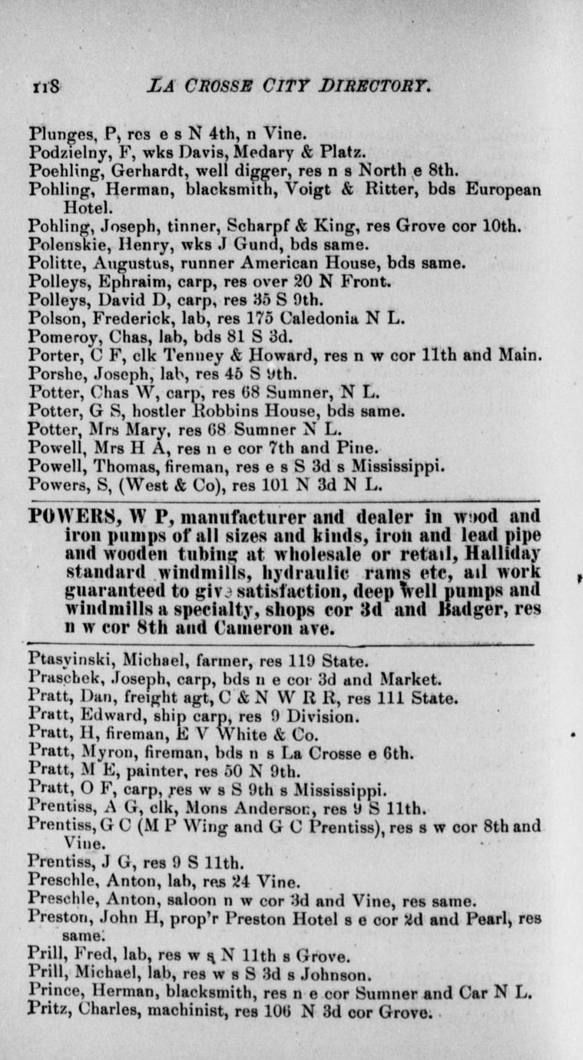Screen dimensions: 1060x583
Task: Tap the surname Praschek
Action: coord(59,679)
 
